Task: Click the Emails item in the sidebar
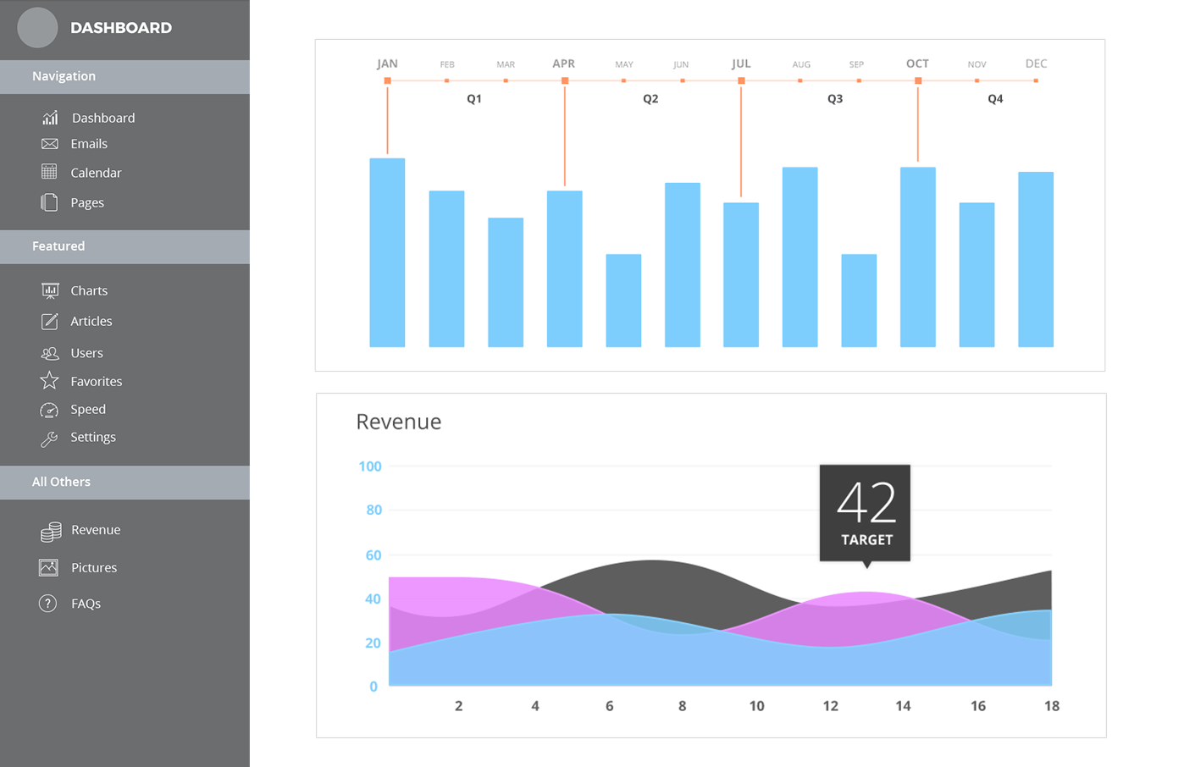[x=88, y=144]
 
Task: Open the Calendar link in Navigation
[x=95, y=173]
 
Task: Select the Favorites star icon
[x=49, y=381]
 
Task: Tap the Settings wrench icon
[x=49, y=439]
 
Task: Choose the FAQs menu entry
[x=86, y=604]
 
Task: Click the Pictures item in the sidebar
[x=93, y=567]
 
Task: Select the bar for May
[x=623, y=301]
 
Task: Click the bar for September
[x=859, y=301]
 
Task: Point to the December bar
[x=1036, y=259]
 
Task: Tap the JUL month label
[x=741, y=63]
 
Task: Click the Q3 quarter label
[x=835, y=99]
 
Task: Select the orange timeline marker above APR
[x=565, y=81]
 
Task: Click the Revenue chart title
[x=398, y=422]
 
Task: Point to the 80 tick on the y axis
[x=373, y=510]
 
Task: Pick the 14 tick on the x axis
[x=904, y=706]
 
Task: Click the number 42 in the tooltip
[x=866, y=503]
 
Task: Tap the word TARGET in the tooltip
[x=866, y=540]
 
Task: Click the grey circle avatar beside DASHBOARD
[x=37, y=27]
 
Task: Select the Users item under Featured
[x=86, y=353]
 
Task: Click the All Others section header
[x=61, y=482]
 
